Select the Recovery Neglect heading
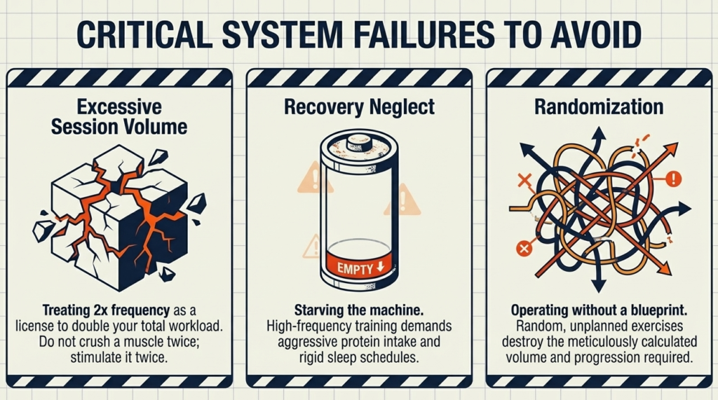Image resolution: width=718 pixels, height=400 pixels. tap(359, 107)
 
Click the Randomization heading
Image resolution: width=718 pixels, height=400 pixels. tap(598, 107)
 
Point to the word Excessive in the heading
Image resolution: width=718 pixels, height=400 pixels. tap(118, 107)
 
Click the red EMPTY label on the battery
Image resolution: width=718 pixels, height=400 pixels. tap(358, 267)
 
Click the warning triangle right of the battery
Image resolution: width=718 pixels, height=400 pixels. tap(402, 201)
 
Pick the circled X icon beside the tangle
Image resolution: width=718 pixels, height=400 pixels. tap(522, 248)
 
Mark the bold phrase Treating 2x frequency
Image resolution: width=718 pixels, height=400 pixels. tap(102, 310)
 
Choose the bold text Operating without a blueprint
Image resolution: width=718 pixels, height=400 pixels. tap(598, 310)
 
